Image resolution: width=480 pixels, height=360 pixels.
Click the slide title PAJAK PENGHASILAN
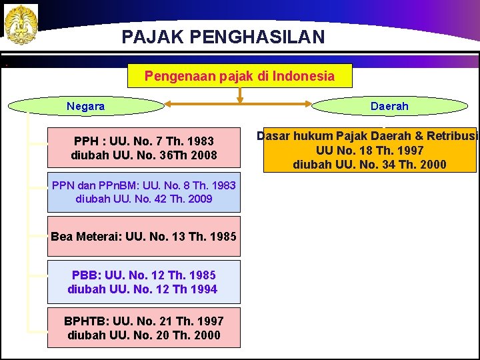tap(223, 36)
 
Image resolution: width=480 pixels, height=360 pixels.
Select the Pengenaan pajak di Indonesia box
tap(239, 76)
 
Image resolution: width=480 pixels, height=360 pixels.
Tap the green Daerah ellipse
tap(389, 106)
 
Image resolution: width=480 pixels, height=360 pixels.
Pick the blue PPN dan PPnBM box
tap(144, 191)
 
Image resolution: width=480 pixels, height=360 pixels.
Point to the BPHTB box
tap(144, 327)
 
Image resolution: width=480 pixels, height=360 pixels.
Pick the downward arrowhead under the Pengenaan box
tap(240, 100)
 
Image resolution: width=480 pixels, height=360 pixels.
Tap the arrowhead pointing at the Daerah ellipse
tap(311, 104)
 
